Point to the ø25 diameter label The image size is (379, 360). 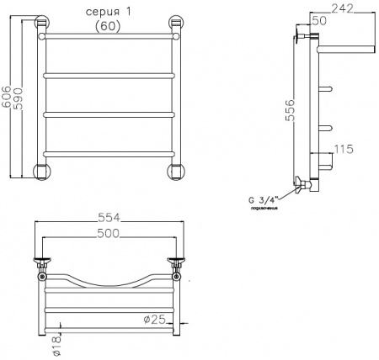[x=152, y=318]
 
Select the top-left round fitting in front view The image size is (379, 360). [x=39, y=25]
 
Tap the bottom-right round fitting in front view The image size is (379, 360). [x=176, y=171]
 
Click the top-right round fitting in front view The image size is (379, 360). [x=176, y=25]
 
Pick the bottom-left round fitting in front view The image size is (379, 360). [x=40, y=171]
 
